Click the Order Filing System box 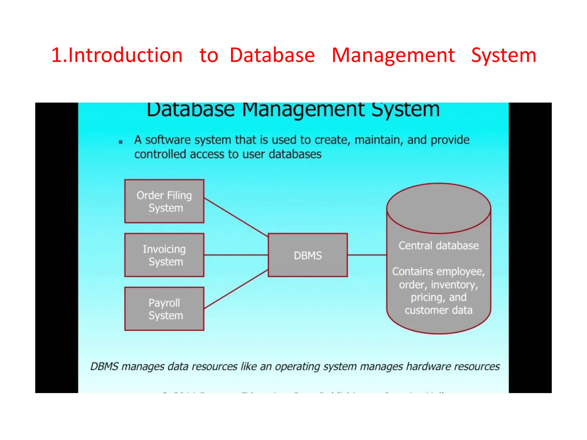point(164,201)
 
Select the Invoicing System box point(164,255)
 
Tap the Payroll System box point(164,309)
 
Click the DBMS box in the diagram point(308,255)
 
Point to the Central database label point(439,245)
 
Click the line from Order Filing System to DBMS point(236,217)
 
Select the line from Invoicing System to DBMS point(236,255)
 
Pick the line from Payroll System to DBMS point(236,289)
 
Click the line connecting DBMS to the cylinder point(367,255)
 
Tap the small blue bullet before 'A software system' point(121,142)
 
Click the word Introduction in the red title point(125,55)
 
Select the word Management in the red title point(393,55)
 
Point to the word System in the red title point(504,56)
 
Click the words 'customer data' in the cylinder point(439,310)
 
